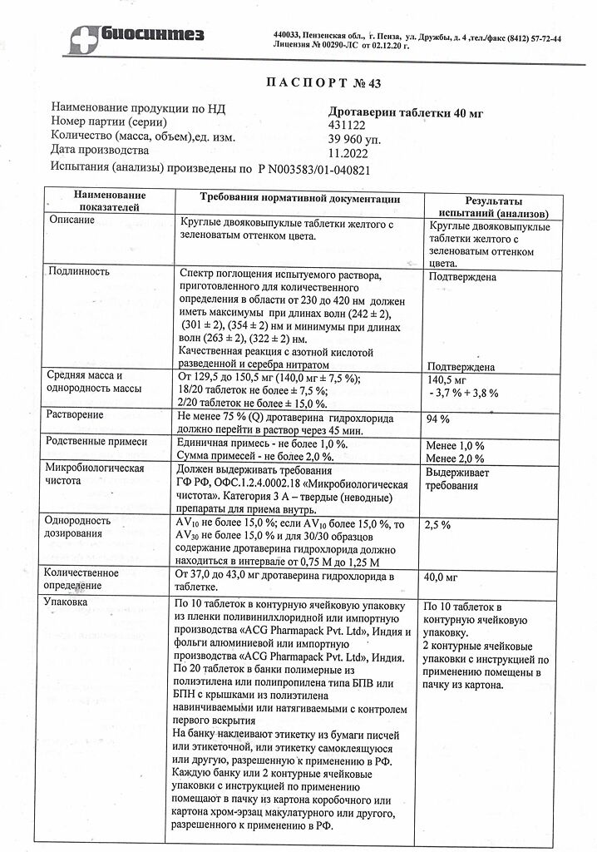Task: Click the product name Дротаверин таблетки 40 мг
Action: pyautogui.click(x=406, y=111)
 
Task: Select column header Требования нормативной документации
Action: pyautogui.click(x=300, y=200)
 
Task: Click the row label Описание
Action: pyautogui.click(x=72, y=220)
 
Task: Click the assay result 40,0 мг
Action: pyautogui.click(x=442, y=577)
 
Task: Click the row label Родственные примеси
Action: pyautogui.click(x=97, y=441)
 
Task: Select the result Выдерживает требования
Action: pyautogui.click(x=458, y=479)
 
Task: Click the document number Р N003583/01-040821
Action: pyautogui.click(x=313, y=169)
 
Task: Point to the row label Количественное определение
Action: pyautogui.click(x=84, y=580)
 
